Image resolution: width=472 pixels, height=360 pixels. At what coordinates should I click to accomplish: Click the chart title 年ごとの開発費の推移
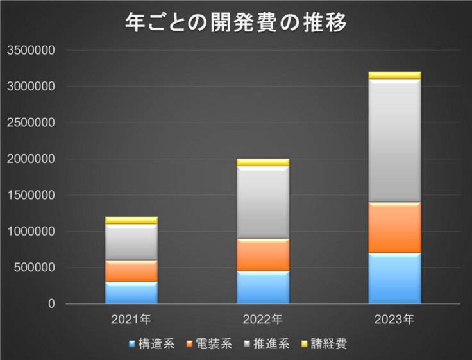(236, 24)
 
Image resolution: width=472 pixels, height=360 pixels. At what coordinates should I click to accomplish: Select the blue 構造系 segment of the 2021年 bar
(131, 292)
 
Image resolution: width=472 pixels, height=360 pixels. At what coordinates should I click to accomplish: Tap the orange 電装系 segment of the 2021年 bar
(131, 271)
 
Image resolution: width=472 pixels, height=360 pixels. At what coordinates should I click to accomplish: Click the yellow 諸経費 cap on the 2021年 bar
(131, 220)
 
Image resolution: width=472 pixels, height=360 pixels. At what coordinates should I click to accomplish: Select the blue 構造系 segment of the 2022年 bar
(263, 287)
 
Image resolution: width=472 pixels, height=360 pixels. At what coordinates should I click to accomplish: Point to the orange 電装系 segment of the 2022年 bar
(263, 255)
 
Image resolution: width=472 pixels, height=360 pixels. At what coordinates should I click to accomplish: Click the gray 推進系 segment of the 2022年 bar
(263, 202)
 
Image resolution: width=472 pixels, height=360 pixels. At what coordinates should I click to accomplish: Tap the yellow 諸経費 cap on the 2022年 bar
(263, 162)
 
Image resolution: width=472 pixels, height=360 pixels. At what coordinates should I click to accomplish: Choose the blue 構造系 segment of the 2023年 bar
(394, 278)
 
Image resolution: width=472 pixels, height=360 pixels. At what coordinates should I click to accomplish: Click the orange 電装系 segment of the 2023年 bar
(394, 228)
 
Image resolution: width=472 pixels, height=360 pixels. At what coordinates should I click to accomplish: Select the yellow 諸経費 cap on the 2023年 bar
(394, 75)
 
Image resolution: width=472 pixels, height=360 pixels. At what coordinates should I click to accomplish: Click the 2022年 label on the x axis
(263, 319)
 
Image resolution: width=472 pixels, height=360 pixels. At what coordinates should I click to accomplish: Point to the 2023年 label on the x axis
(394, 319)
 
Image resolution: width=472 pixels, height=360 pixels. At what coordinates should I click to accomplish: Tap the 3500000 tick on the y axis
(31, 50)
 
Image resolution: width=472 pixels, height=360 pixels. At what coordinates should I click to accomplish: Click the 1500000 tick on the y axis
(31, 195)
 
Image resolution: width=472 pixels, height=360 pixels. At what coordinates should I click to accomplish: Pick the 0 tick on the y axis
(52, 304)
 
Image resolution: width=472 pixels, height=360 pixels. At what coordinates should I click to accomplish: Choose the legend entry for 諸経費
(324, 344)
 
